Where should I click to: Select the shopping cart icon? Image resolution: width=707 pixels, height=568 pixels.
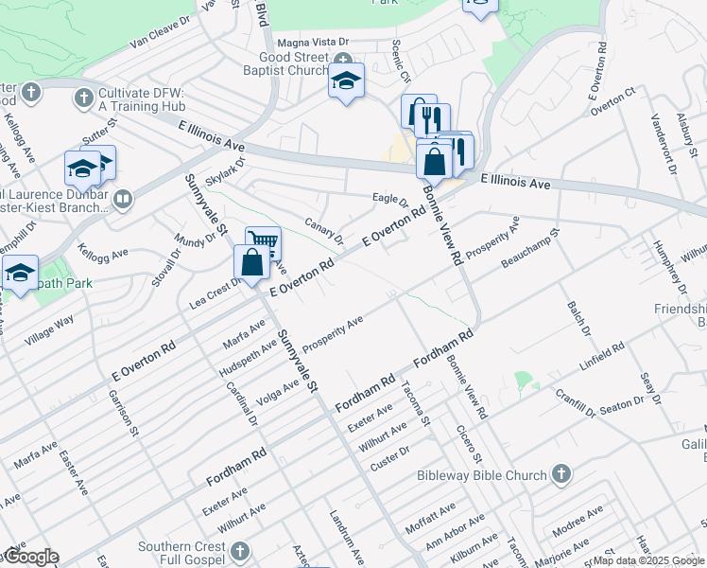click(263, 244)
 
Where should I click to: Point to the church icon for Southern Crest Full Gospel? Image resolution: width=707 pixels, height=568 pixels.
click(239, 550)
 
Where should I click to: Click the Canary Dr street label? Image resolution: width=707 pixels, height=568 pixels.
click(323, 230)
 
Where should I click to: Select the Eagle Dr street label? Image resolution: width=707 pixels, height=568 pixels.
click(389, 201)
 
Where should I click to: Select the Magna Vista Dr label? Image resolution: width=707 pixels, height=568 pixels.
click(313, 43)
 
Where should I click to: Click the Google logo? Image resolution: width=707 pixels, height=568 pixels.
click(30, 558)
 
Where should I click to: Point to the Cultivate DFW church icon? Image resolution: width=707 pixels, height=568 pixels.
click(83, 98)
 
